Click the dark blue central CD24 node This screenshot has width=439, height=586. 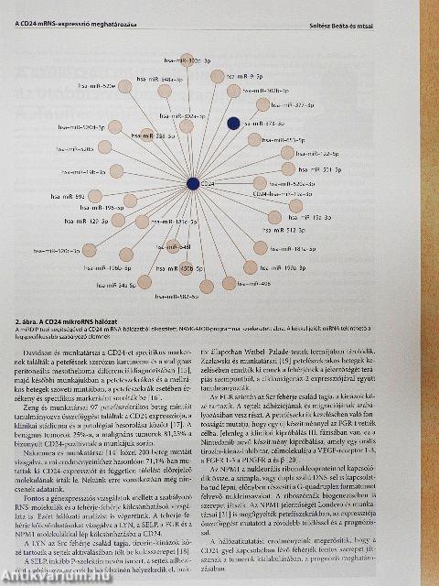[x=193, y=184]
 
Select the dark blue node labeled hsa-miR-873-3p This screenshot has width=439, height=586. [x=233, y=123]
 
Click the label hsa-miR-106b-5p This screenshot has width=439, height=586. [x=106, y=268]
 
